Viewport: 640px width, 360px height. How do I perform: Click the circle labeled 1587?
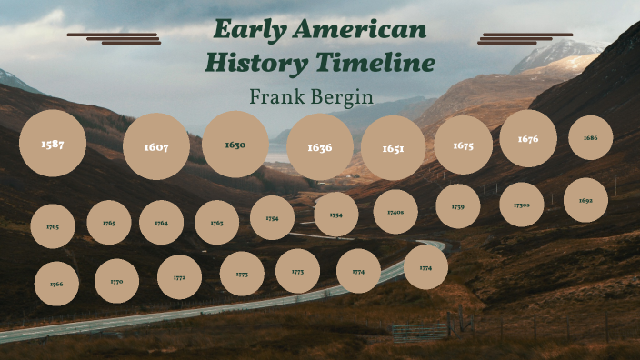[x=53, y=144]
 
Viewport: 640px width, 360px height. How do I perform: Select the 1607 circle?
[x=156, y=146]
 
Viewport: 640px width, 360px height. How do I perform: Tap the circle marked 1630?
[x=235, y=145]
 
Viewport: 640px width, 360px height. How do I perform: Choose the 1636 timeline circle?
[x=320, y=147]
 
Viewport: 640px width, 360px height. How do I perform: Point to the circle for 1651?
[x=393, y=148]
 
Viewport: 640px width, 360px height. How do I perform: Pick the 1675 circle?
[x=463, y=145]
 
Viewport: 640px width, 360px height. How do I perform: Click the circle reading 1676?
[x=528, y=138]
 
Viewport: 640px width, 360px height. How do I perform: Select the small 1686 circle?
[x=591, y=138]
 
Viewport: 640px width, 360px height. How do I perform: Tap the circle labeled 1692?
[x=585, y=201]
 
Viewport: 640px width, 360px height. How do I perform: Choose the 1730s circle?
[x=522, y=205]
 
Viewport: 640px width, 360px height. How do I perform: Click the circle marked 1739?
[x=458, y=206]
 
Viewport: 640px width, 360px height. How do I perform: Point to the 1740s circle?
[x=395, y=212]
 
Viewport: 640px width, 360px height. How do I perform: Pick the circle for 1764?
[x=161, y=223]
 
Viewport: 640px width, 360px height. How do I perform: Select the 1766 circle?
[x=56, y=284]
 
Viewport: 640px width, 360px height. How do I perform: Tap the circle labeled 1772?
[x=179, y=277]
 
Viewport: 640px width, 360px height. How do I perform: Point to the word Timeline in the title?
[x=375, y=63]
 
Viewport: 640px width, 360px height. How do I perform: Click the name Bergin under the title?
[x=344, y=95]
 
